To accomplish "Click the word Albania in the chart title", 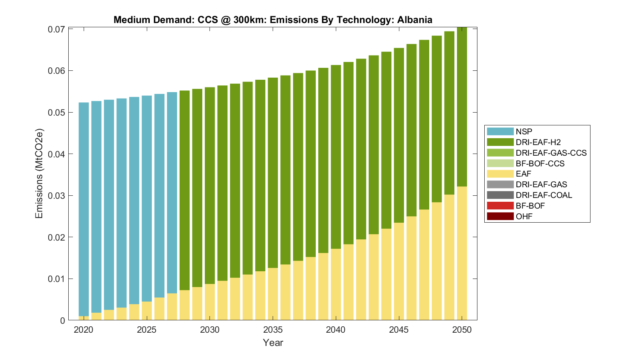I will coord(414,20).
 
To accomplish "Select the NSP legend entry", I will coord(524,131).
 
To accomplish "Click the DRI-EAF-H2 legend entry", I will coord(538,142).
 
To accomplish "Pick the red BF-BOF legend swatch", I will coord(500,206).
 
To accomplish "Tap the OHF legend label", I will coord(524,216).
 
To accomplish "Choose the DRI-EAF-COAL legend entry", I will coord(544,195).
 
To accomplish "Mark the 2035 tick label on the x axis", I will coord(273,330).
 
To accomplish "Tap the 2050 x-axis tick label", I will coord(462,330).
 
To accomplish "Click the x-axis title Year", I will coord(273,343).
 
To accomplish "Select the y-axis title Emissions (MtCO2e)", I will coord(39,173).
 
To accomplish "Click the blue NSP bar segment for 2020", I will coord(84,209).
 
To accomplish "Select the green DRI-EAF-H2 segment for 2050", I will coord(462,107).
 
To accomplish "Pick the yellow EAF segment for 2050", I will coord(462,253).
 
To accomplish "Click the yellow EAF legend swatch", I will coord(500,174).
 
